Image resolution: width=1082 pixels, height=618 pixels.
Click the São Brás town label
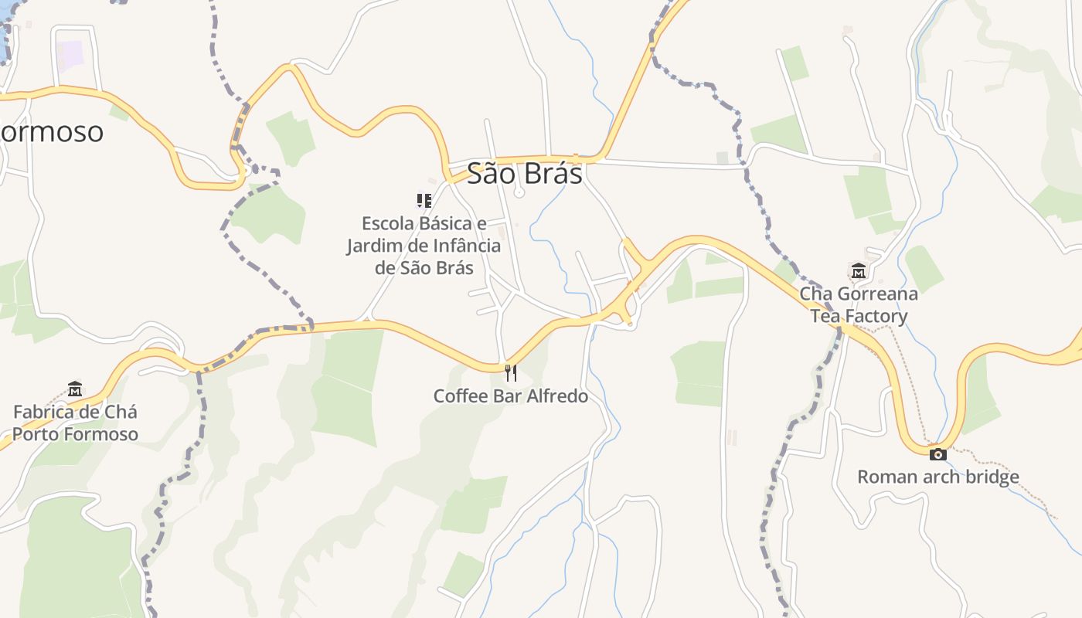coord(524,174)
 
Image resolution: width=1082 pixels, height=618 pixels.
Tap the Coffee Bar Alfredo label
coord(510,396)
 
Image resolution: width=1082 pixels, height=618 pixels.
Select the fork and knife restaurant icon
coord(510,373)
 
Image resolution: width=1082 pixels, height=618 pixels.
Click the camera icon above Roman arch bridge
coord(937,454)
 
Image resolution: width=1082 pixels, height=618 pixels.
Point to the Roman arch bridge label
coord(937,477)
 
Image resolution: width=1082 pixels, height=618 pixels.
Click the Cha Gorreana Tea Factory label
coord(859,305)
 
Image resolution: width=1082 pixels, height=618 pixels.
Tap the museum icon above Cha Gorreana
coord(858,271)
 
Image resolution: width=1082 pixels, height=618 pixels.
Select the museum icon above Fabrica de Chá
coord(75,388)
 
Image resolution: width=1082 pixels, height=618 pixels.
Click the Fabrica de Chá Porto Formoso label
coord(75,423)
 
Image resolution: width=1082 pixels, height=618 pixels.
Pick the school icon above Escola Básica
coord(424,201)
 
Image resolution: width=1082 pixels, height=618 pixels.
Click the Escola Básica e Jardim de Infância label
coord(424,246)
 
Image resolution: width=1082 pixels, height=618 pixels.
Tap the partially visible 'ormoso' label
coord(51,132)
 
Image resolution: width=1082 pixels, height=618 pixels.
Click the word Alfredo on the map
coord(555,396)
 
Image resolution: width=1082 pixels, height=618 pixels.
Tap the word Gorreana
coord(878,294)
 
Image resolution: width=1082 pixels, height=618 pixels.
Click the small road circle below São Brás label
coord(519,193)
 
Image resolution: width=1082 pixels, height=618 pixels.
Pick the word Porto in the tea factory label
coord(38,434)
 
